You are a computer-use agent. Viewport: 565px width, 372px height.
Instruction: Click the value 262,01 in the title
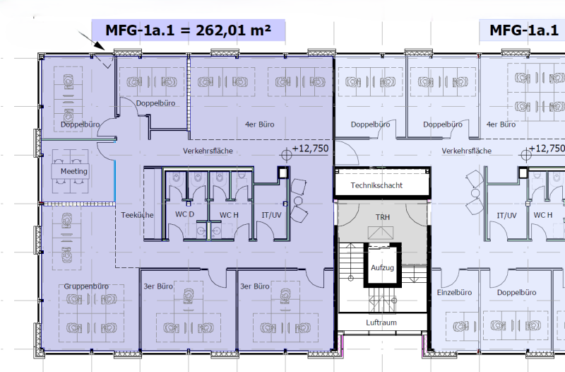click(220, 30)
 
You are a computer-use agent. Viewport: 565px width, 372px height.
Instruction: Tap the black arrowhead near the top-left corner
click(99, 45)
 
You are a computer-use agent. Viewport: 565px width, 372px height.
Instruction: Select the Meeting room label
click(74, 171)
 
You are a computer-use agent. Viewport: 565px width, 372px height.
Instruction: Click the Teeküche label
click(137, 215)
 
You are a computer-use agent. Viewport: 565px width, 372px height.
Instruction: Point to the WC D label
click(184, 214)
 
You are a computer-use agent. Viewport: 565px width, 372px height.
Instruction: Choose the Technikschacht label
click(376, 185)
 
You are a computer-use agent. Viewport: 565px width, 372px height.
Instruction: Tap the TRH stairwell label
click(383, 217)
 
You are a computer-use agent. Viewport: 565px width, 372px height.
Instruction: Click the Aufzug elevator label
click(382, 268)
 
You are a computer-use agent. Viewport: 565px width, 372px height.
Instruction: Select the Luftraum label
click(381, 322)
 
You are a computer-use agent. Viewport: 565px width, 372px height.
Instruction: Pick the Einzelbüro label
click(454, 292)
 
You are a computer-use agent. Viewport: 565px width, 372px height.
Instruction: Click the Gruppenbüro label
click(86, 286)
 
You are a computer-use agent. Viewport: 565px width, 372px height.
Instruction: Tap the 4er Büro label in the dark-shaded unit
click(259, 124)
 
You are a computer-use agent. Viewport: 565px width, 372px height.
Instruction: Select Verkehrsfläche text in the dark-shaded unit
click(208, 151)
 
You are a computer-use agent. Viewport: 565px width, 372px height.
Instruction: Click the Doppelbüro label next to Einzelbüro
click(517, 292)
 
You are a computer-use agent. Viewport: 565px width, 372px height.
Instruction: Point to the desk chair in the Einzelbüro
click(461, 327)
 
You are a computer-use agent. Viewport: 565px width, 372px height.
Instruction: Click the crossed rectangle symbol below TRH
click(381, 233)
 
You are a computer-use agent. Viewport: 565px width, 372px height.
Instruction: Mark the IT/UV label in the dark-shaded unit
click(271, 215)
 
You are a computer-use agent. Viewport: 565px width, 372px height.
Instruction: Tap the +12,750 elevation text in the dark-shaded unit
click(310, 149)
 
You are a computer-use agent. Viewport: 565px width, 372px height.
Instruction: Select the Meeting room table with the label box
click(70, 171)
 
